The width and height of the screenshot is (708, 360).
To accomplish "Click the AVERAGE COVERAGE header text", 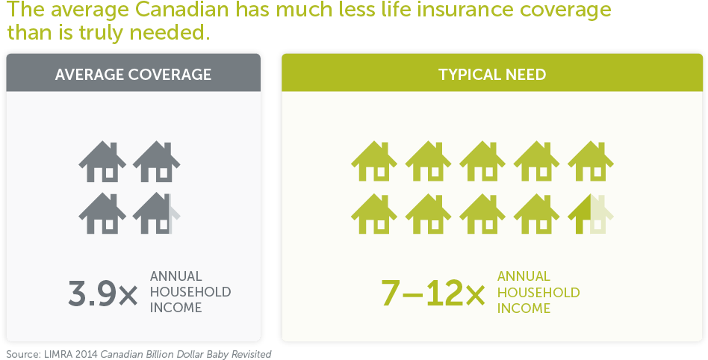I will tap(133, 75).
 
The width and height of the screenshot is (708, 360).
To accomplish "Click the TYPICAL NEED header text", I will tap(492, 75).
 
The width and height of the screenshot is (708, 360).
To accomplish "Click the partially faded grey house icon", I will tap(156, 214).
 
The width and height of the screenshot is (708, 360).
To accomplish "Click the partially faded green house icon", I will tap(591, 214).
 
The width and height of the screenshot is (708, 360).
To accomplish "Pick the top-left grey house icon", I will tap(102, 162).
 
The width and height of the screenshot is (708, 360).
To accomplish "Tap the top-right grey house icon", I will tap(156, 162).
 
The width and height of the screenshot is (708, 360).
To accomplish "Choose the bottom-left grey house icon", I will tap(102, 214).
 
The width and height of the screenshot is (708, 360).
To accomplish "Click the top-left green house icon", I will tap(374, 162).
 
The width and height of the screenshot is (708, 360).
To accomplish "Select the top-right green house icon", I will tap(591, 162).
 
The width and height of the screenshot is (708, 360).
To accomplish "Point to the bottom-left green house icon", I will tap(374, 214).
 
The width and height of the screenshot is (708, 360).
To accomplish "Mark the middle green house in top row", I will tap(482, 162).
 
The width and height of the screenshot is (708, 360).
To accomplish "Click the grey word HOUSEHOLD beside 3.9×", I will tap(190, 292).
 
